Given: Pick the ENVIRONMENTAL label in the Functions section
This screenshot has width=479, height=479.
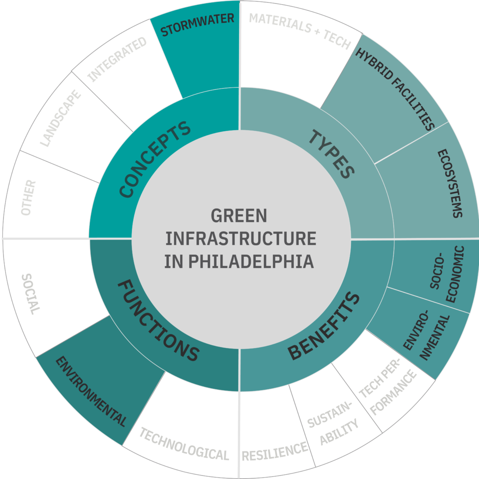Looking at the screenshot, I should pos(91,392).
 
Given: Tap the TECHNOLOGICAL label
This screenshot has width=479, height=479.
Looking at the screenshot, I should pos(184,444).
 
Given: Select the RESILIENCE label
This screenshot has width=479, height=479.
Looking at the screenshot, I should pos(275,451).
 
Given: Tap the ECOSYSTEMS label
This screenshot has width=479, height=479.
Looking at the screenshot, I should pos(450,183).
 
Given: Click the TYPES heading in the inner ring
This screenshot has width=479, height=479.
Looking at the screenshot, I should pos(331,154).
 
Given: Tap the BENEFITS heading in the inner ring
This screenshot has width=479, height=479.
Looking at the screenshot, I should pos(324,326).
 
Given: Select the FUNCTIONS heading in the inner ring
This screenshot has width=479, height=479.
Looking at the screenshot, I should pos(157,321).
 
